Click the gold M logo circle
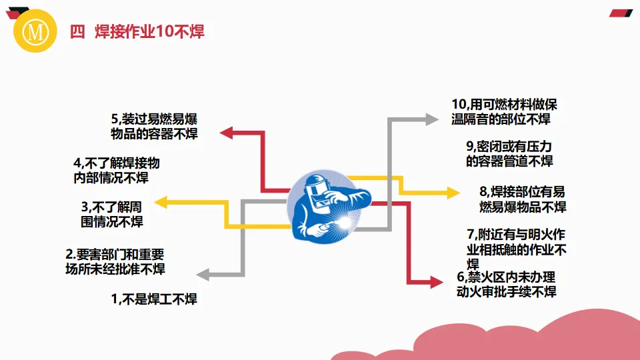click(32, 31)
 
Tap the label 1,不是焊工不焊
click(154, 299)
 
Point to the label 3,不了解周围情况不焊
click(112, 214)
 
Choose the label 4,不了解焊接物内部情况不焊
click(116, 170)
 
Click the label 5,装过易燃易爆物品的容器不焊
click(154, 126)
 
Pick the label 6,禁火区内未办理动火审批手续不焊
click(506, 285)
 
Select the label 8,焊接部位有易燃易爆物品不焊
click(523, 199)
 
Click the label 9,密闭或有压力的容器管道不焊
click(509, 153)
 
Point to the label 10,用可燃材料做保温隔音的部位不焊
click(504, 112)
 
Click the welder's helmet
click(319, 185)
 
